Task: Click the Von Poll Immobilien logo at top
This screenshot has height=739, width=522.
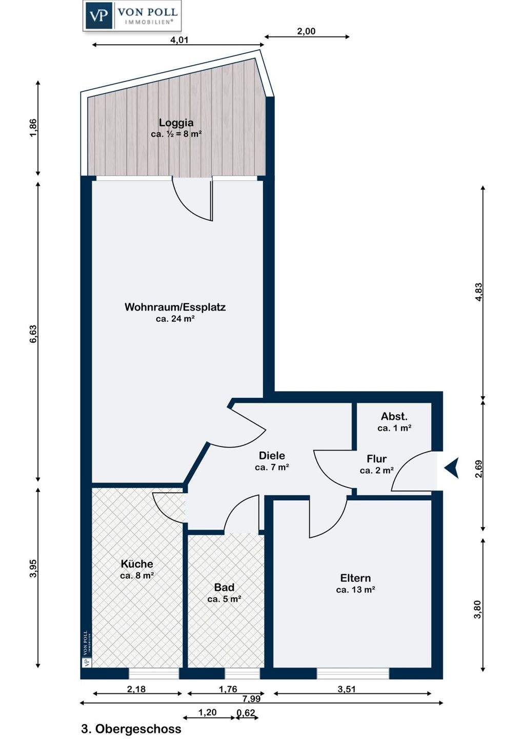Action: (132, 16)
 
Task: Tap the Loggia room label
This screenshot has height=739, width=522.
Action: (176, 123)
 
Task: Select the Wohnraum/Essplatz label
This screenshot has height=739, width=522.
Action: (175, 307)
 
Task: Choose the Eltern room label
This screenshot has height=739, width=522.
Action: (355, 578)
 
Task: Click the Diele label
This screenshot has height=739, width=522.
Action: (272, 456)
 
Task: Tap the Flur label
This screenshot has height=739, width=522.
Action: (377, 459)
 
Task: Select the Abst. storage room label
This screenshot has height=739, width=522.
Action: (394, 416)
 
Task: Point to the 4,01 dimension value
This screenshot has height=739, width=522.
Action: (178, 40)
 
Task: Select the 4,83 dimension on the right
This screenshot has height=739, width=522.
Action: (478, 291)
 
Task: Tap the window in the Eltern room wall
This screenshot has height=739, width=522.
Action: (353, 673)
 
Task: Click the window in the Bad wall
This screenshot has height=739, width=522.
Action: (242, 673)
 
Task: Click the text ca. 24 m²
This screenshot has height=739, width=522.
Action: (175, 319)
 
